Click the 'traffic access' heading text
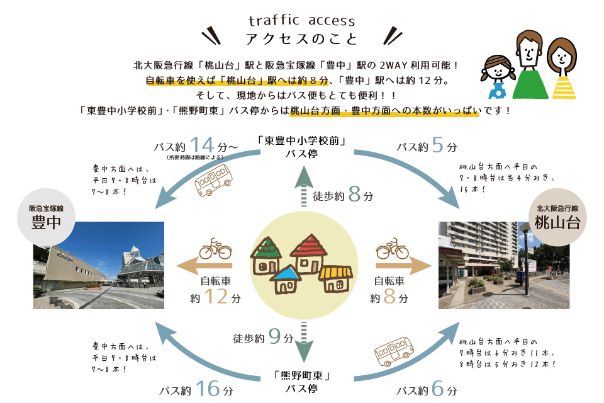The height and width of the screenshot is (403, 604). click(302, 21)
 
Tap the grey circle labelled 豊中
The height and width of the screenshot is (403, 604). click(46, 217)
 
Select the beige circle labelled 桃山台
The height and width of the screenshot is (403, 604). click(557, 217)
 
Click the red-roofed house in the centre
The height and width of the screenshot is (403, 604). click(308, 253)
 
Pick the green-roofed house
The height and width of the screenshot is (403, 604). click(267, 255)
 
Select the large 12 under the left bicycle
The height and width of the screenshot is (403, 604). click(215, 295)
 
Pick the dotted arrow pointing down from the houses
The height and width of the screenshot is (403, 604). click(303, 341)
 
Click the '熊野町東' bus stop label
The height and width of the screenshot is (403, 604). click(303, 376)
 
